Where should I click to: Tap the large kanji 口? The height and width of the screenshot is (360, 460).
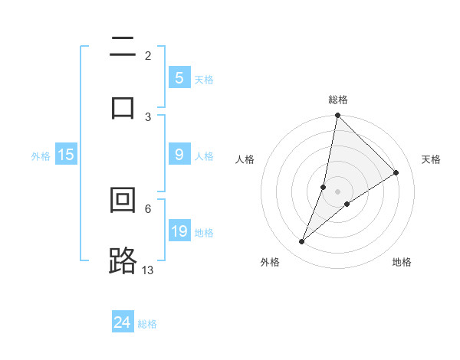pos(123,107)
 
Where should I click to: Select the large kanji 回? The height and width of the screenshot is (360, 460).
pos(123,200)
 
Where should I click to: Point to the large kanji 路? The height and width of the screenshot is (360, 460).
pos(123,260)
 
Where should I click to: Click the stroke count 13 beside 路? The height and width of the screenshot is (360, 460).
pos(148,270)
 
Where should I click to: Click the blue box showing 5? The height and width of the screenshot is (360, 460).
pos(179,78)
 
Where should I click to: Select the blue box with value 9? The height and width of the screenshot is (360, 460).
pos(179,155)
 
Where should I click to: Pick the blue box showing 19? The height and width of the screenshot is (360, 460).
pos(179,231)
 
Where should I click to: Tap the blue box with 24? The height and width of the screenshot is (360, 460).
pos(122,322)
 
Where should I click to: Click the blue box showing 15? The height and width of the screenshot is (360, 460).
pos(65,155)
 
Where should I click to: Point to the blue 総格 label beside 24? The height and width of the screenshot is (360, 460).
pos(147,324)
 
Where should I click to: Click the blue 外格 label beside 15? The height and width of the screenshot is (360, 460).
pos(41,155)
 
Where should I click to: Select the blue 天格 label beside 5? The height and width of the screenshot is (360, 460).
pos(204,79)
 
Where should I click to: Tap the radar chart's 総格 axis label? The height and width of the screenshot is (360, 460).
pos(338,100)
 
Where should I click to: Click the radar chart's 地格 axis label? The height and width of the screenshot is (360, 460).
pos(402,262)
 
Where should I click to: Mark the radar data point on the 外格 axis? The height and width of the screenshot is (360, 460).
pos(302,242)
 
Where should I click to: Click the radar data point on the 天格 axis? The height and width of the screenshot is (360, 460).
pos(396,173)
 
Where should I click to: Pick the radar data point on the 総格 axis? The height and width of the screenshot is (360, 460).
pos(337,116)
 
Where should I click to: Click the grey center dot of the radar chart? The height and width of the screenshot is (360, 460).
pos(338,191)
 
